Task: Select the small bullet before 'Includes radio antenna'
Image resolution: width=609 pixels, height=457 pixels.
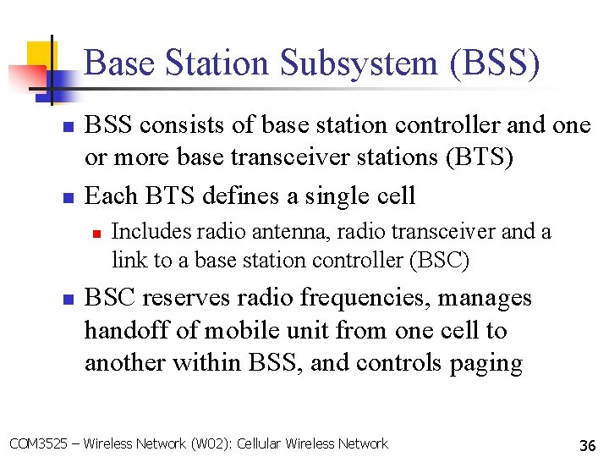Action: (97, 230)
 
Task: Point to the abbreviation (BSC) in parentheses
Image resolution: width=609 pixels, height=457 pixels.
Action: (438, 260)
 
